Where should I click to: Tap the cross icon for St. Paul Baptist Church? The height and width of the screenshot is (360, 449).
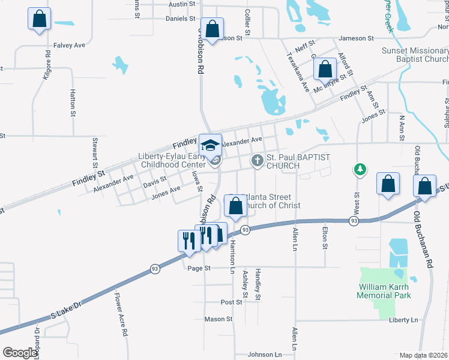[x=257, y=160]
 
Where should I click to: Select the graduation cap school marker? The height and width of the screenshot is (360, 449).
[x=210, y=145]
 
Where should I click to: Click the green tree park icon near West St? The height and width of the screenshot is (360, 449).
[x=360, y=170]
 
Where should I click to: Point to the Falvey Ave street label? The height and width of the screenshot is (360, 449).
[x=70, y=45]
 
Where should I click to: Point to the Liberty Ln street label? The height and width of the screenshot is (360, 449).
[x=403, y=320]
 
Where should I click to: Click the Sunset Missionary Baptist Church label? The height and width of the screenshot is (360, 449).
[x=415, y=55]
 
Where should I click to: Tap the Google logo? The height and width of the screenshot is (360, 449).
[x=20, y=353]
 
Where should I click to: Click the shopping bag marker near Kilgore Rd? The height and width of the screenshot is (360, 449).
[x=39, y=19]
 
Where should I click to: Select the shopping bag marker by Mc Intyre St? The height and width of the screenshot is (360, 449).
[x=325, y=69]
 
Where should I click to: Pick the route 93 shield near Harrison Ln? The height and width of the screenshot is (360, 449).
[x=245, y=230]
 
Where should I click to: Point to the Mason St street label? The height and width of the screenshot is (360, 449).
[x=218, y=319]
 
